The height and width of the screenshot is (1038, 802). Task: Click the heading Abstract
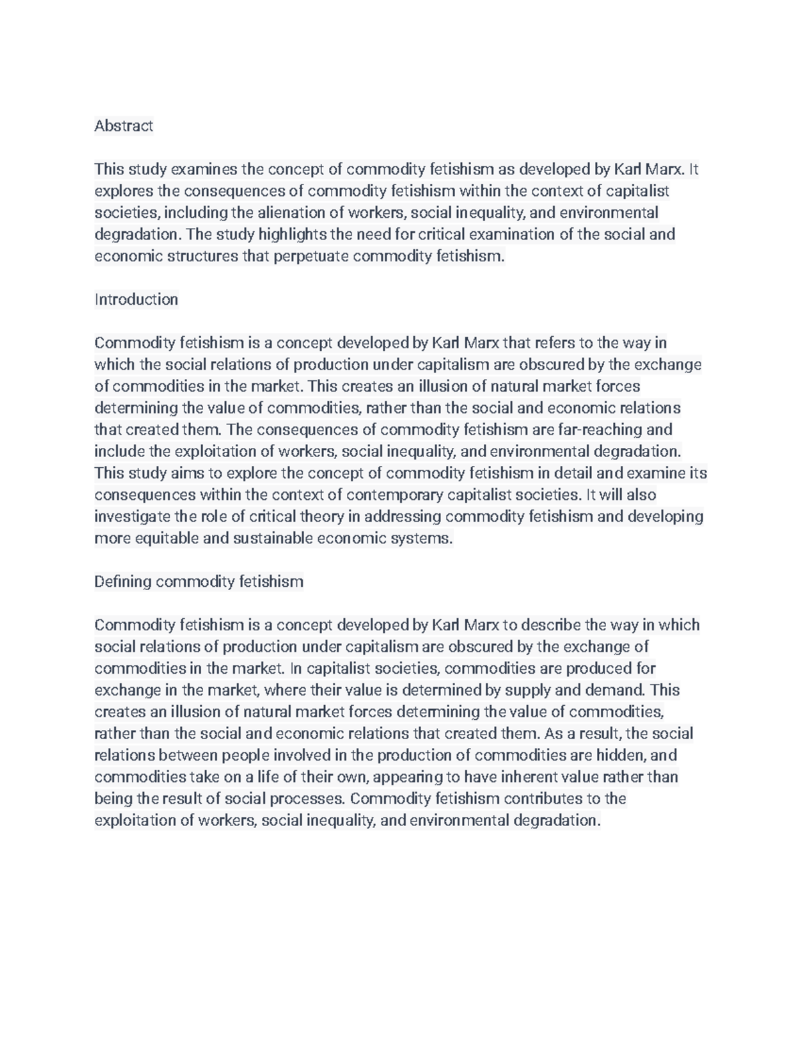click(124, 126)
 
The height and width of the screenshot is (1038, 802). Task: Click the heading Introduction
click(136, 299)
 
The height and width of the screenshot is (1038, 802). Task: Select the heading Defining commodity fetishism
click(198, 581)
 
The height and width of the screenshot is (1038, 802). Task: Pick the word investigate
click(132, 517)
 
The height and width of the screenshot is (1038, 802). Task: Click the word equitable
click(166, 538)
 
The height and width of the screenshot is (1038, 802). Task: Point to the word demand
click(615, 690)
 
